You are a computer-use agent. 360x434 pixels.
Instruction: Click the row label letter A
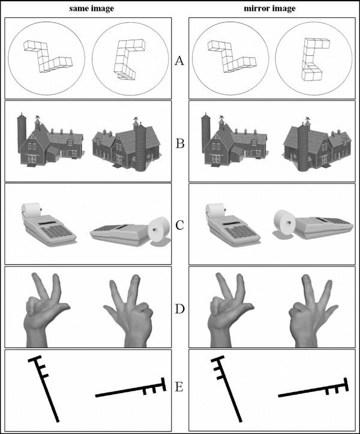pyautogui.click(x=179, y=61)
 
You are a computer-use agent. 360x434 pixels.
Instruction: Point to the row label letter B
pyautogui.click(x=180, y=143)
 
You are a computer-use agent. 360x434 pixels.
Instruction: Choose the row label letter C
pyautogui.click(x=179, y=226)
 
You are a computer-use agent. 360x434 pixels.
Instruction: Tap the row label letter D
pyautogui.click(x=180, y=309)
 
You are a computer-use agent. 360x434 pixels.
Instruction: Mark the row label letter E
pyautogui.click(x=179, y=387)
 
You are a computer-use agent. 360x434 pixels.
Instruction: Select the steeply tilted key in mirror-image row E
pyautogui.click(x=227, y=391)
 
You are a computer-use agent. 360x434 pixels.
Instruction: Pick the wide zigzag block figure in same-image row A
pyautogui.click(x=47, y=57)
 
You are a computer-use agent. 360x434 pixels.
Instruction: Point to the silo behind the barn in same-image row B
pyautogui.click(x=22, y=133)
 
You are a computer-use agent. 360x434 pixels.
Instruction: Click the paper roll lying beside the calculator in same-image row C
pyautogui.click(x=158, y=230)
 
